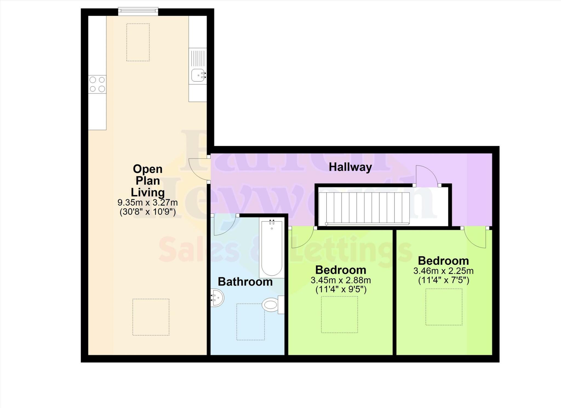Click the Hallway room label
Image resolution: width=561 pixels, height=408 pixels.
(350, 167)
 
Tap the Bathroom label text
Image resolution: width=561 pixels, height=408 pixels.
(245, 282)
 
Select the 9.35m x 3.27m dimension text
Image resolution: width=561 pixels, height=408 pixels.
(148, 203)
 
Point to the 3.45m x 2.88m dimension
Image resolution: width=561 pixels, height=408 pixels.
(341, 280)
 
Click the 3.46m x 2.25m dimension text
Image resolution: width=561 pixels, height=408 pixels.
(443, 271)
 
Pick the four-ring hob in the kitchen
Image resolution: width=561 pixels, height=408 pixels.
(97, 84)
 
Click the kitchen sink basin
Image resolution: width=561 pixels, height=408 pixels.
(198, 75)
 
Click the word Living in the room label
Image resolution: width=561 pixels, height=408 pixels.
(148, 192)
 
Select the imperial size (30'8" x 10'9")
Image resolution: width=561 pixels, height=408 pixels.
(148, 212)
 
